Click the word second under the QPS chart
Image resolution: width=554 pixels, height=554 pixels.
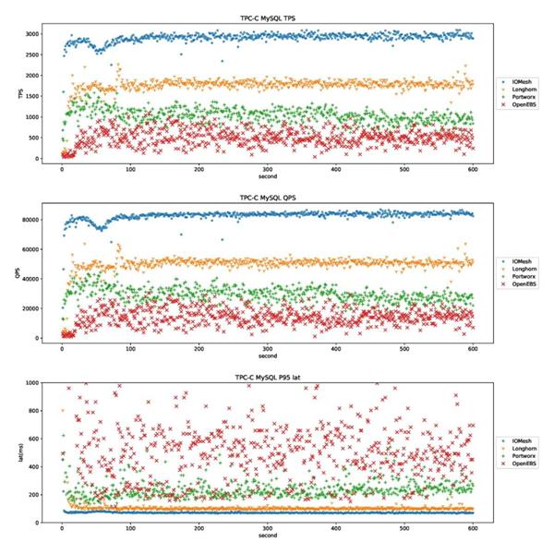267,356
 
